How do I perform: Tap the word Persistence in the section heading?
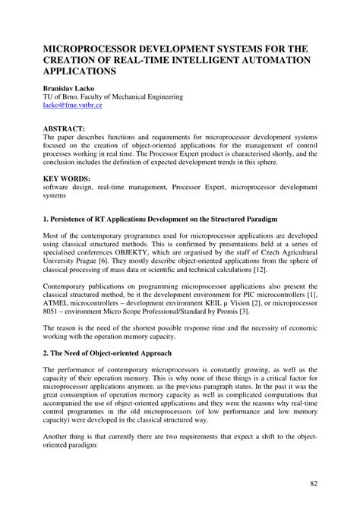pos(71,218)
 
